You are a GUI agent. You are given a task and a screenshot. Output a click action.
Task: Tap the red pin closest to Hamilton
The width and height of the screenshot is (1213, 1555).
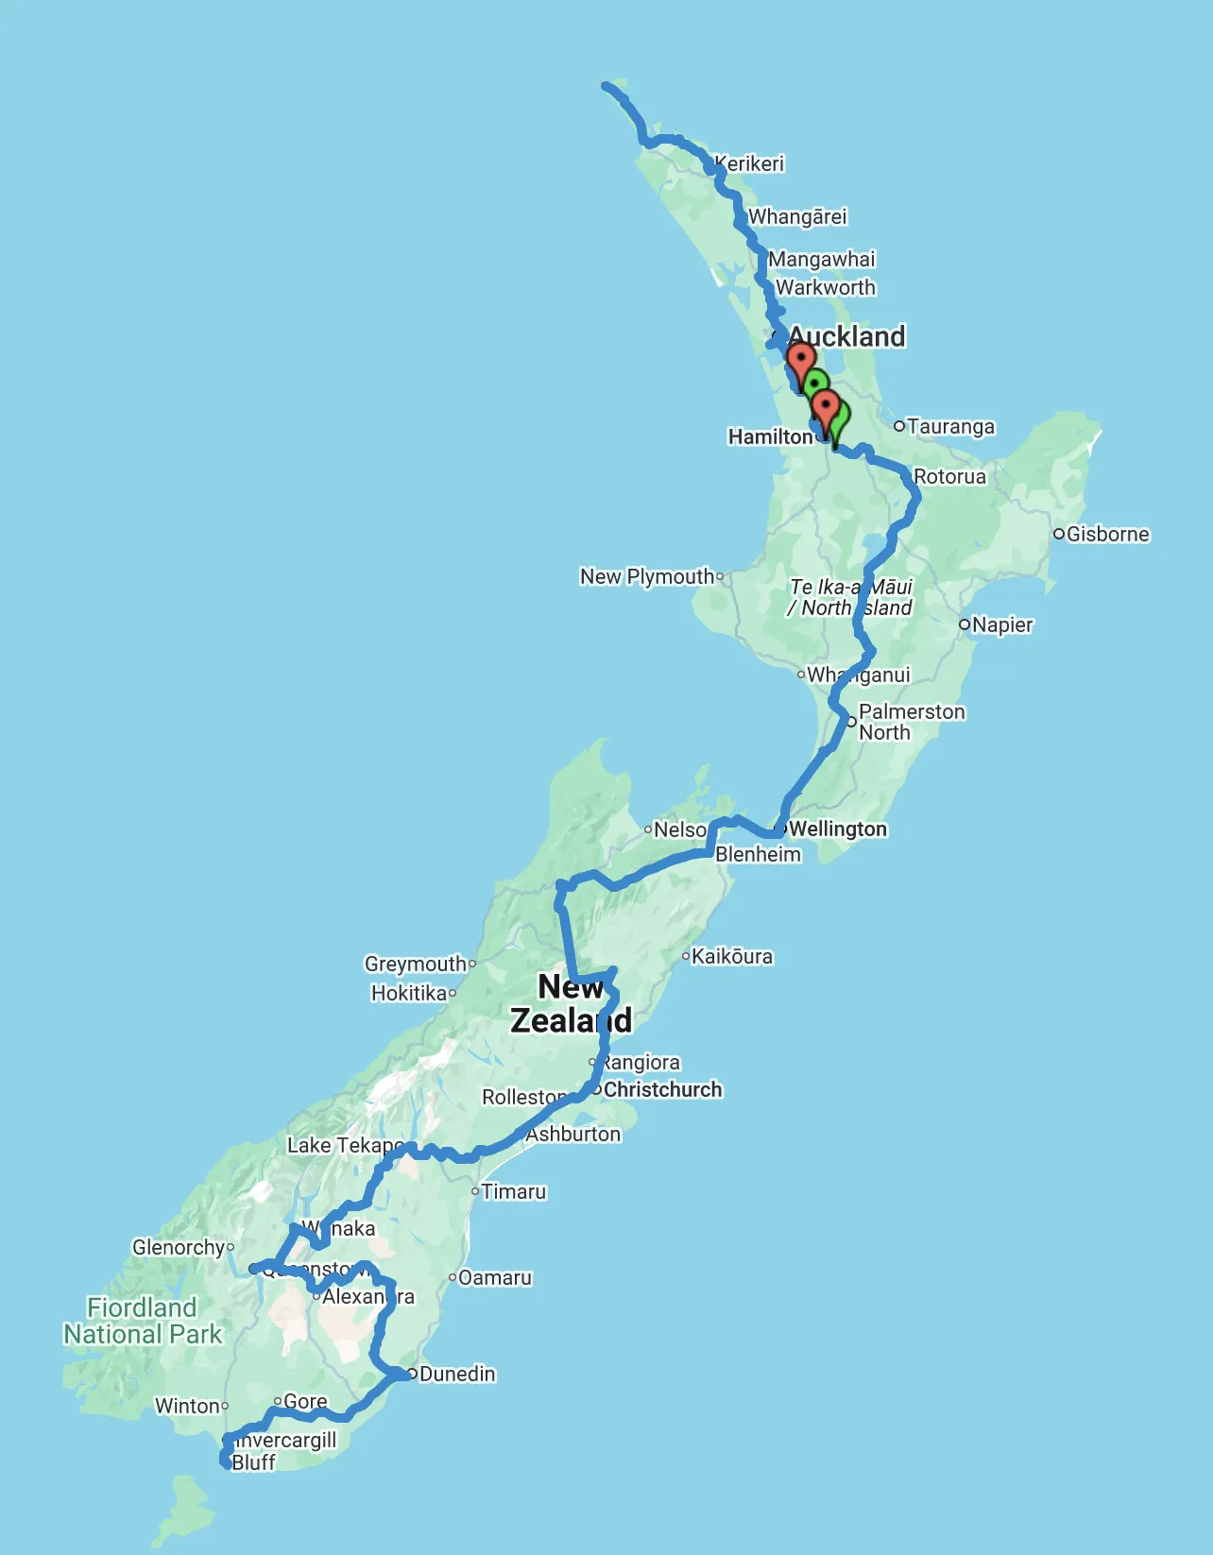tap(826, 408)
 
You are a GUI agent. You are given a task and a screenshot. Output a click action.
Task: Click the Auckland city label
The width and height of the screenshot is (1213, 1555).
tap(846, 336)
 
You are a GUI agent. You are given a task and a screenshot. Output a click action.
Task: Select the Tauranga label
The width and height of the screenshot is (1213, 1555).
tap(950, 427)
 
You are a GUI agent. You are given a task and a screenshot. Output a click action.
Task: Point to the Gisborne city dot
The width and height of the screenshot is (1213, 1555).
tap(1059, 534)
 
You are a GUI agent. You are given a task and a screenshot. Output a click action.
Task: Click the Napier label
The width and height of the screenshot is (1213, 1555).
tap(1002, 624)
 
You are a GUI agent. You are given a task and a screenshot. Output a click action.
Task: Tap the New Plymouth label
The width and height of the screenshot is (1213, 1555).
tap(647, 576)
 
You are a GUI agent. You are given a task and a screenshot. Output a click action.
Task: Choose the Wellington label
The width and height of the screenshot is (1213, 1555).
tap(838, 829)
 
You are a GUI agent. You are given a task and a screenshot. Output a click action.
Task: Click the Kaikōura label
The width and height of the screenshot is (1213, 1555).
tap(732, 956)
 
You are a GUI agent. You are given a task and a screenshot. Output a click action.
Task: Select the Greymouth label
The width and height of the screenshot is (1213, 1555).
tap(416, 964)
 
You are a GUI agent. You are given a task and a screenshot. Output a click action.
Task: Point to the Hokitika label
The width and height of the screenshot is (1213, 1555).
tap(409, 993)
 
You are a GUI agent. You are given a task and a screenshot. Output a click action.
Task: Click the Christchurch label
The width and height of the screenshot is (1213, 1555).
tap(663, 1089)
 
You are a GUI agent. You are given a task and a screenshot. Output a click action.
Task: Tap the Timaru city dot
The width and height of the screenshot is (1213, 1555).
tap(475, 1191)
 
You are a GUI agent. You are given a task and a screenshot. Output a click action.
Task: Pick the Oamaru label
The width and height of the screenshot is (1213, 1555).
tap(495, 1277)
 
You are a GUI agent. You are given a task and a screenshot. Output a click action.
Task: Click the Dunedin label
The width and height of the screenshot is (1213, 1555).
tap(457, 1374)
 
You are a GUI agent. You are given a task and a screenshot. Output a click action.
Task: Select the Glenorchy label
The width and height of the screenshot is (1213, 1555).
tap(179, 1247)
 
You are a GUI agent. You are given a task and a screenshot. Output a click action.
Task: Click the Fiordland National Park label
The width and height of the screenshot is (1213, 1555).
tap(143, 1321)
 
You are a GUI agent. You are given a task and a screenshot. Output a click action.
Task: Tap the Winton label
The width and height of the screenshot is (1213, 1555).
tap(187, 1406)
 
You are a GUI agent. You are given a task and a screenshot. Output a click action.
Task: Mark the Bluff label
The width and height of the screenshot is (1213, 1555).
tap(253, 1462)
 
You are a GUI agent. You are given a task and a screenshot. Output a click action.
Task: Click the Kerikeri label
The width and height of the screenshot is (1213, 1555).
tap(750, 163)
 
